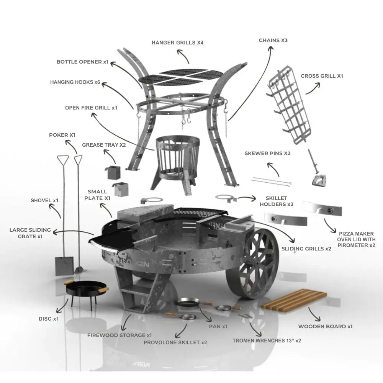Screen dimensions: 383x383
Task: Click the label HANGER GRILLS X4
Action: pyautogui.click(x=177, y=43)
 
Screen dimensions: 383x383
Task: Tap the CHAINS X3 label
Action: pyautogui.click(x=273, y=40)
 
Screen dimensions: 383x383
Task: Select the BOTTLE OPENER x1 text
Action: pyautogui.click(x=82, y=62)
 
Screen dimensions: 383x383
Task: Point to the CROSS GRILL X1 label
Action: pyautogui.click(x=322, y=76)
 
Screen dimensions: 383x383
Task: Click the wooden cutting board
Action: pyautogui.click(x=294, y=300)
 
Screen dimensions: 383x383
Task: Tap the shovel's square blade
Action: pyautogui.click(x=64, y=266)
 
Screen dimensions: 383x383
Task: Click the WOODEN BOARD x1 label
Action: pyautogui.click(x=325, y=326)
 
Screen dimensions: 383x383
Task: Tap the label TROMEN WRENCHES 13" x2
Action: pyautogui.click(x=267, y=340)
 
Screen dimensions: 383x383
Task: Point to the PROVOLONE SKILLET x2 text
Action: pyautogui.click(x=175, y=342)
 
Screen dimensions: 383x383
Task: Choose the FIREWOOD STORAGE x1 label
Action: pyautogui.click(x=119, y=336)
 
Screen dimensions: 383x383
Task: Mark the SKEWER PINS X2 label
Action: pyautogui.click(x=267, y=154)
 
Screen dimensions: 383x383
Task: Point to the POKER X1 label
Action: pyautogui.click(x=62, y=135)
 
